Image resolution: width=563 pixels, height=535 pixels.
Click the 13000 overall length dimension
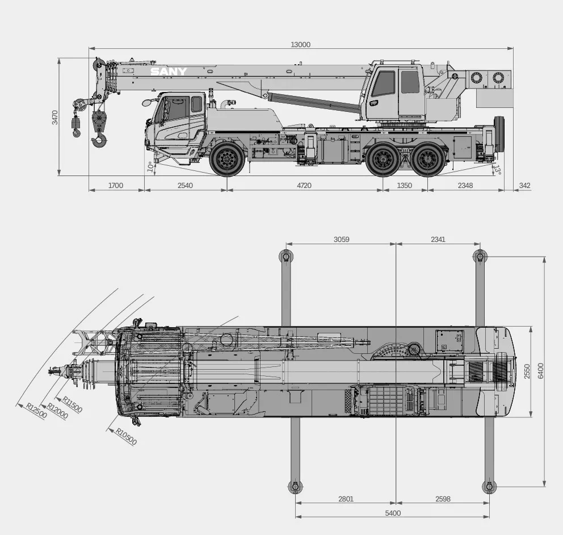301,44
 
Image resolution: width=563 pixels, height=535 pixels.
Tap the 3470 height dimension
54,118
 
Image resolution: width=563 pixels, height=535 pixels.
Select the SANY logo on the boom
169,72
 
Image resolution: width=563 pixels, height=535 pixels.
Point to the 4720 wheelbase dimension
304,185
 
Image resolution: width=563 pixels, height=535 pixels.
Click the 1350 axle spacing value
404,185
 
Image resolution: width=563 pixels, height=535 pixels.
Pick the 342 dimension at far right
524,185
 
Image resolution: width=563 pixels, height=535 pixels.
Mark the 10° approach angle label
150,167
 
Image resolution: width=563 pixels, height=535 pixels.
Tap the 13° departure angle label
497,170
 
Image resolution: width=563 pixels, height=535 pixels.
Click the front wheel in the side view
227,159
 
